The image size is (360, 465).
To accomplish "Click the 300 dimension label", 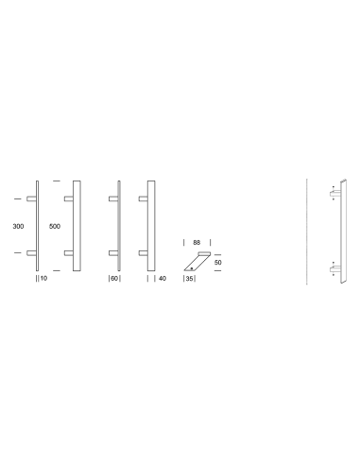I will pyautogui.click(x=19, y=227).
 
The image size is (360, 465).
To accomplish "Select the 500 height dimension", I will pyautogui.click(x=54, y=227).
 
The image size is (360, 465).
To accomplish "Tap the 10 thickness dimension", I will pyautogui.click(x=43, y=280).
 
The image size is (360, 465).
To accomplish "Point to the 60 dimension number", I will pyautogui.click(x=114, y=280).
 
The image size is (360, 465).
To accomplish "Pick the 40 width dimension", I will pyautogui.click(x=163, y=280).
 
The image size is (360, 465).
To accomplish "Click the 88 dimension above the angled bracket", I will pyautogui.click(x=196, y=241).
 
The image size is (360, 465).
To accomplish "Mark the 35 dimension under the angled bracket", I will pyautogui.click(x=189, y=280).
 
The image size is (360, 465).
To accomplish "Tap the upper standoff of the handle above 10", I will pyautogui.click(x=31, y=199).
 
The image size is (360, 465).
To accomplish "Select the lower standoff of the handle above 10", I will pyautogui.click(x=31, y=253).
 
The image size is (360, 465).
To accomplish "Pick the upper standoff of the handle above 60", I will pyautogui.click(x=113, y=199).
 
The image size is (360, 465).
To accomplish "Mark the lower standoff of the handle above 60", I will pyautogui.click(x=113, y=253).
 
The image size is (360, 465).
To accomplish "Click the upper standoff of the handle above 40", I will pyautogui.click(x=144, y=199).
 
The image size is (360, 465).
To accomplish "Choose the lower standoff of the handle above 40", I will pyautogui.click(x=144, y=253).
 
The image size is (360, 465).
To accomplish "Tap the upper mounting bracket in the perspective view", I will pyautogui.click(x=334, y=193).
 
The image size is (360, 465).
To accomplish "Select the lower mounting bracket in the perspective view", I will pyautogui.click(x=334, y=271).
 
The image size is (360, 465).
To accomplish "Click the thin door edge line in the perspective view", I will pyautogui.click(x=309, y=232).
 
